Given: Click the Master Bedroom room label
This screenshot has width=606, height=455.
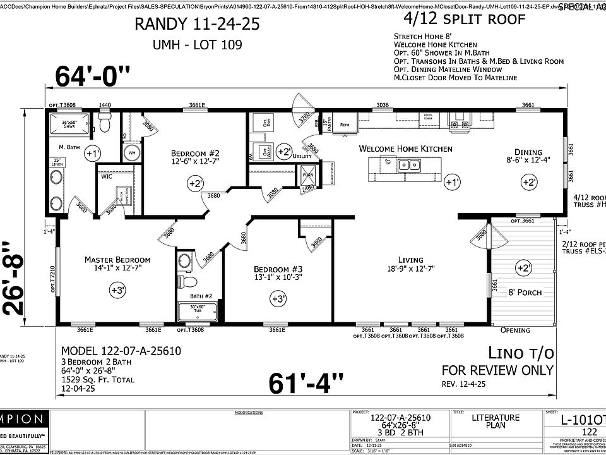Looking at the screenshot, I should pos(118,260).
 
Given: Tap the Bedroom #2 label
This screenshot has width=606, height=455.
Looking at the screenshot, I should pos(195,153).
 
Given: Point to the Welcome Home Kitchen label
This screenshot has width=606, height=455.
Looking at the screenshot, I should pos(405,149).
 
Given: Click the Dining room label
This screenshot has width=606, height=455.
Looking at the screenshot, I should pos(528,152).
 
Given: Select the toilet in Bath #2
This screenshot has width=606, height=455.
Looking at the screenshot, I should pos(184,281).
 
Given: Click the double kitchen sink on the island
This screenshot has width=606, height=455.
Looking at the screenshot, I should pos(415,166).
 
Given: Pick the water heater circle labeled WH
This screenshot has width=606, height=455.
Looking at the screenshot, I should pos(132,152).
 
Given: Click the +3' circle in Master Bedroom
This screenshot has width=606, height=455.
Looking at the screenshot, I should pos(117,290).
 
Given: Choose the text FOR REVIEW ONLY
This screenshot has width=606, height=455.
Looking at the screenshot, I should pos(497,370).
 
